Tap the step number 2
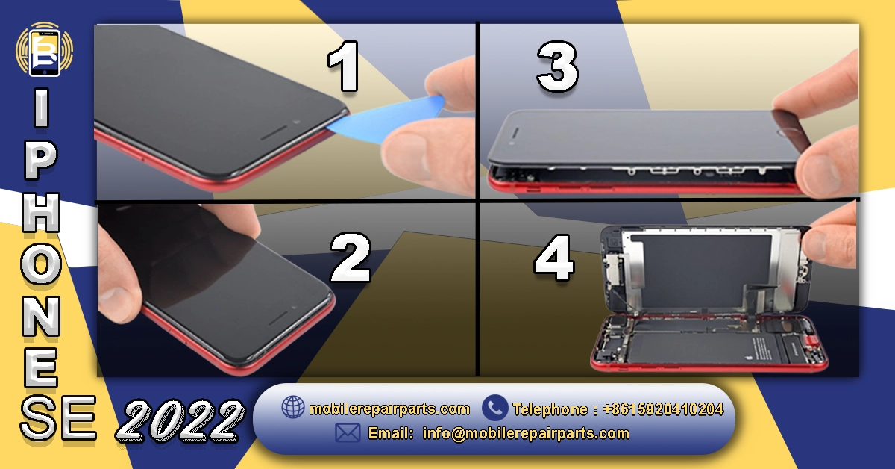click(350, 256)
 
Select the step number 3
click(557, 68)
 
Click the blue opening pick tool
click(387, 119)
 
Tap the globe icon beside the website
click(292, 408)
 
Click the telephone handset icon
click(494, 408)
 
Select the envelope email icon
click(348, 433)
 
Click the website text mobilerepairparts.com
click(389, 409)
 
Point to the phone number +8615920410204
click(662, 409)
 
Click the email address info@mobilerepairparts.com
click(525, 433)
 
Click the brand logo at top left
click(44, 49)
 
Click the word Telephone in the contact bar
click(550, 409)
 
